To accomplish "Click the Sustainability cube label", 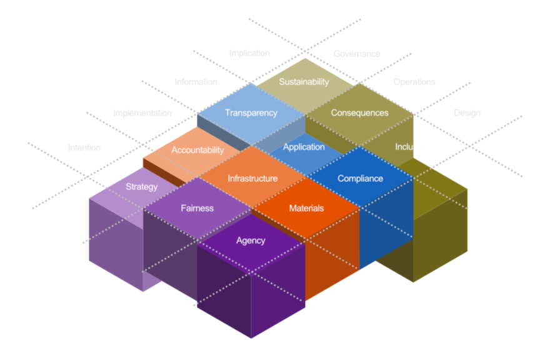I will (x=304, y=82).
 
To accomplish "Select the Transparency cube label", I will (x=251, y=113).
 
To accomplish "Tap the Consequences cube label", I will (x=359, y=113).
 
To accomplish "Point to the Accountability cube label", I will (x=198, y=150).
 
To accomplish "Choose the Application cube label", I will (x=304, y=147).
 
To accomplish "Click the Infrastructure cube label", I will (x=253, y=179).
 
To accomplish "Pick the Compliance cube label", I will (x=360, y=179).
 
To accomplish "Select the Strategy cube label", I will (x=142, y=187).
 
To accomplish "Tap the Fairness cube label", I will (x=197, y=208).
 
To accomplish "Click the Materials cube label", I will (x=306, y=208).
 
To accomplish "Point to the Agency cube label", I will (x=251, y=241).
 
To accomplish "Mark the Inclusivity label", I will (x=413, y=147).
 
